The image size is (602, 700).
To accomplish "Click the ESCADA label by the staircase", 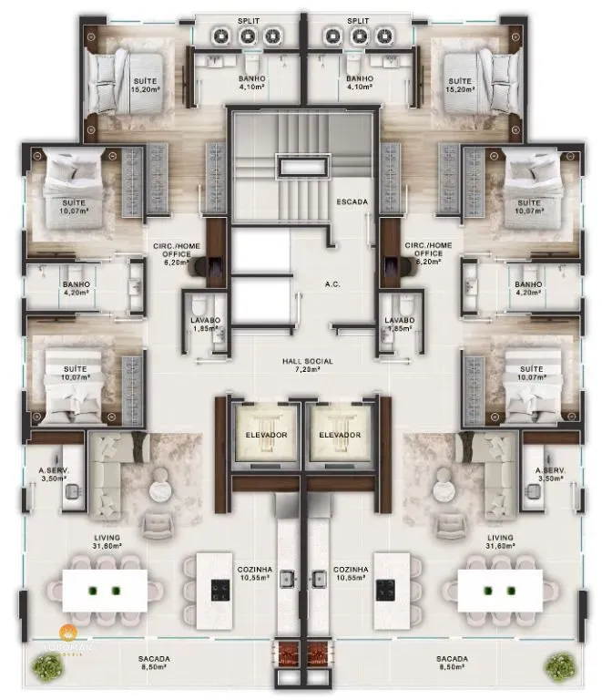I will [352, 201].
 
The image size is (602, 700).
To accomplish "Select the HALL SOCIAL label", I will [307, 361].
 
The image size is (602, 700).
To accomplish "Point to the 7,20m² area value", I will [307, 370].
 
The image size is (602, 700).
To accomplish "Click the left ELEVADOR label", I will [266, 435].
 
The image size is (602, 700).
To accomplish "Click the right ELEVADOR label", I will [338, 435].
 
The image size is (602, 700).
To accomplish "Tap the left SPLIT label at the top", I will [249, 19].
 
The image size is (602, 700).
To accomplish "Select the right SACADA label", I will [452, 658].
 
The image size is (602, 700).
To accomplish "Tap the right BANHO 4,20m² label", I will [528, 284].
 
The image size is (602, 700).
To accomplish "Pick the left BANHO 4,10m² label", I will [251, 79].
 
